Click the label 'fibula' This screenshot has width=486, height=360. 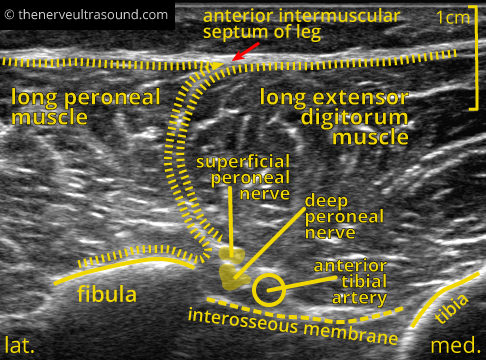click(107, 295)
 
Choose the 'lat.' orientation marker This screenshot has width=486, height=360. click(20, 346)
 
